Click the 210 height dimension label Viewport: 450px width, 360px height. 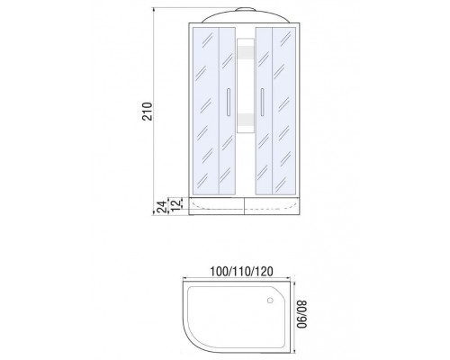(x=148, y=112)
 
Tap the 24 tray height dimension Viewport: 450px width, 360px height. (x=162, y=207)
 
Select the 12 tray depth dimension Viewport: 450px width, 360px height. (x=177, y=203)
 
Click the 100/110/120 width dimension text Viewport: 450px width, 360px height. (x=241, y=272)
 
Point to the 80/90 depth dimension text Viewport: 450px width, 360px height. (x=302, y=314)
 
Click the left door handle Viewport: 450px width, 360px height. (x=229, y=102)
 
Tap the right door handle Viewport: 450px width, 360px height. (x=262, y=102)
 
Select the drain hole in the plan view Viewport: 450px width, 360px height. (x=270, y=300)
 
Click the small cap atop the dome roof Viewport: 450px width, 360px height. (x=246, y=9)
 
